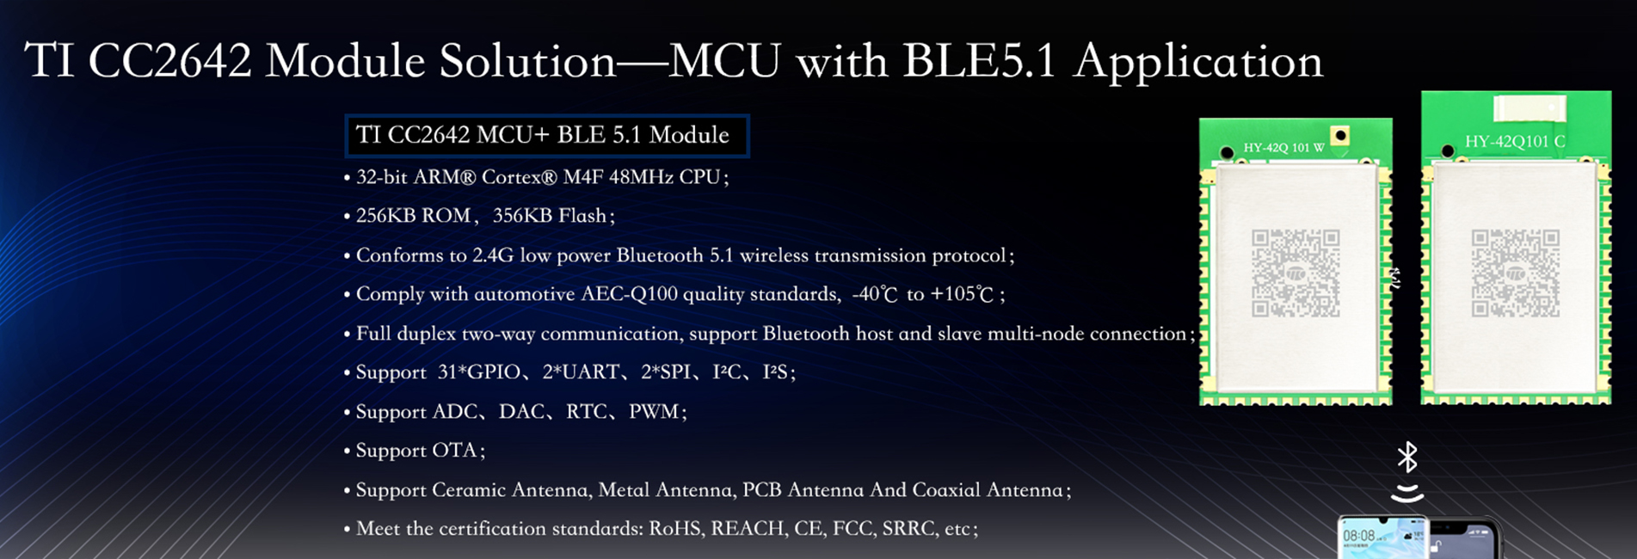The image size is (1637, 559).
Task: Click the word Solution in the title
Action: (x=527, y=61)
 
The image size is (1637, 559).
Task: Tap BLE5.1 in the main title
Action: (x=979, y=61)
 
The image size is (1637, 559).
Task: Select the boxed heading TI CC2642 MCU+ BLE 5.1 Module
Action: (x=547, y=136)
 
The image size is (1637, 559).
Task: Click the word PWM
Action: (x=654, y=412)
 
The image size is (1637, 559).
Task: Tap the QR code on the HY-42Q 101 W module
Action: (x=1295, y=273)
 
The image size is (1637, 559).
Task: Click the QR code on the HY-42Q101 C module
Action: (x=1516, y=273)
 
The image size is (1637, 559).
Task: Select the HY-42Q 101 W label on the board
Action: (x=1283, y=148)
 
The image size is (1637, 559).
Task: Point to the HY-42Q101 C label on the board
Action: (x=1515, y=142)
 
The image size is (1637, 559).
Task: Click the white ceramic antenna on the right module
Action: (x=1529, y=109)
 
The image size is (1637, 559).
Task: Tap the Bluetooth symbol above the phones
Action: (x=1407, y=458)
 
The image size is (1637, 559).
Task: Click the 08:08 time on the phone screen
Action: (x=1358, y=536)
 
